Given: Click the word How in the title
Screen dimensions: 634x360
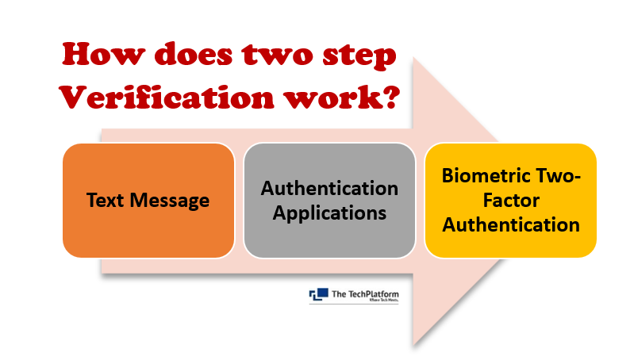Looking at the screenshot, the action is tap(103, 54).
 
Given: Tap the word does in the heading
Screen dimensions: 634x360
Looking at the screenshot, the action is tap(194, 54).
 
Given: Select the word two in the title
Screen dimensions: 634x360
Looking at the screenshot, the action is tap(278, 56).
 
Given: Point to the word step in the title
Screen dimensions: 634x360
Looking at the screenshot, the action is tap(359, 57).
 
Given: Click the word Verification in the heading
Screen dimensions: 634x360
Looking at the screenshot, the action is tap(167, 96).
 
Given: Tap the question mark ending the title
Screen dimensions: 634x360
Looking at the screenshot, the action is tap(391, 96).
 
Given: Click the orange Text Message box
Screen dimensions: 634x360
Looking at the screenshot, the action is tap(148, 201).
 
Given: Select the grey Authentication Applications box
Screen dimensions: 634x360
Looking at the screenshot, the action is tap(329, 201).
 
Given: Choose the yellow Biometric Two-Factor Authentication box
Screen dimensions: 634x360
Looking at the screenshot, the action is tap(511, 201).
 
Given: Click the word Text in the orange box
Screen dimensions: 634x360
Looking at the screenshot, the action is tap(104, 200).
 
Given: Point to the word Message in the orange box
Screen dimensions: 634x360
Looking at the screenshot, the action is tap(170, 201).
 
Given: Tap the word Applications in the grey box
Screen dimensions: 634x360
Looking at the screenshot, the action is tap(329, 214).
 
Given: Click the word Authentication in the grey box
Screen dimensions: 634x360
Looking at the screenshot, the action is tap(329, 188).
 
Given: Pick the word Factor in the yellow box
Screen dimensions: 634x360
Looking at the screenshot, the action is tap(511, 201).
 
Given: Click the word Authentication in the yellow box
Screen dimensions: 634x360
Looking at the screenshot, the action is tap(511, 224).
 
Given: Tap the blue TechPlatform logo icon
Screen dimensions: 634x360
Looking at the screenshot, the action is tap(319, 294).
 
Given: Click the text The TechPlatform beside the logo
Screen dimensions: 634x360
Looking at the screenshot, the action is tap(365, 294).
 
